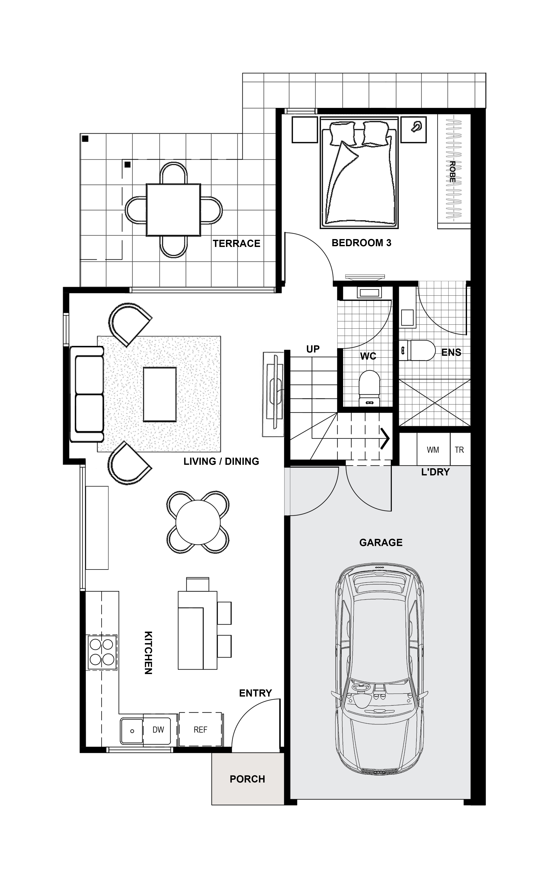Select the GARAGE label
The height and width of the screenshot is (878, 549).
click(x=381, y=542)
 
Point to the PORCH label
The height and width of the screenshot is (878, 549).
click(x=247, y=779)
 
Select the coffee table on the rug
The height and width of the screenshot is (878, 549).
click(x=160, y=394)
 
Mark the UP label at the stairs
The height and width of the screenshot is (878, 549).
click(x=313, y=349)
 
